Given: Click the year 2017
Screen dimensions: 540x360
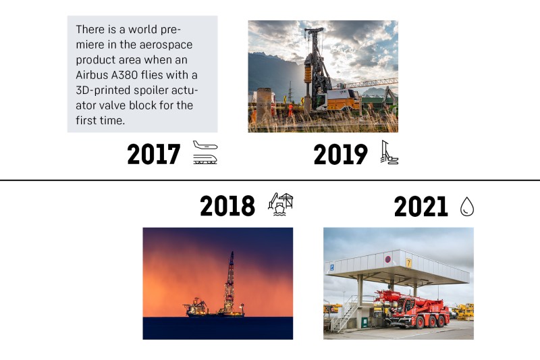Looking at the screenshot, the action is (x=154, y=154).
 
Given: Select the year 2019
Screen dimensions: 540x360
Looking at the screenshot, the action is (x=341, y=154).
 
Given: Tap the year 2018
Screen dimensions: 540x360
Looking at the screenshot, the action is (x=227, y=205).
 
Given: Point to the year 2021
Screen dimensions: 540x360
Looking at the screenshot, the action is (x=421, y=207).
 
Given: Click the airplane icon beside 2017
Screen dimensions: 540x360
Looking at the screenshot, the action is (x=205, y=145).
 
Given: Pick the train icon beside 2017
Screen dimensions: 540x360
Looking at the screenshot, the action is (x=205, y=159).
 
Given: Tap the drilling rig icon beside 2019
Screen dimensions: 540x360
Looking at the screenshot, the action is (x=389, y=152).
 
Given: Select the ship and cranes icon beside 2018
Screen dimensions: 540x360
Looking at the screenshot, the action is (x=281, y=204).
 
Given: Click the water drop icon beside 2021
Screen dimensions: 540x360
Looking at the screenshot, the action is (x=467, y=207).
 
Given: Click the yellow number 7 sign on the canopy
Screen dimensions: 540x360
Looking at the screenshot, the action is (x=409, y=263).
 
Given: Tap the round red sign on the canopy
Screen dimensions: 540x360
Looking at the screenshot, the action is (x=387, y=259).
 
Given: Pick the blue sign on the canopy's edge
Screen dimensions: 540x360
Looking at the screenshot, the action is (x=331, y=267).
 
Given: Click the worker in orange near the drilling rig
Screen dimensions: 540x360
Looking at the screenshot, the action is (x=290, y=109).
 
